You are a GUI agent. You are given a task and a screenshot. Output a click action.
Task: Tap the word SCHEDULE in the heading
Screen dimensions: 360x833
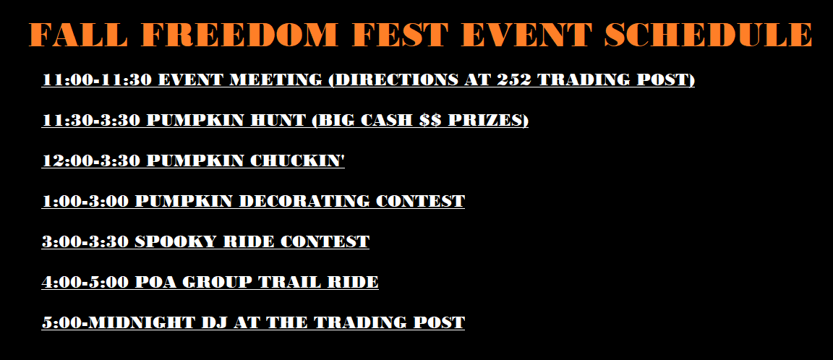coord(708,35)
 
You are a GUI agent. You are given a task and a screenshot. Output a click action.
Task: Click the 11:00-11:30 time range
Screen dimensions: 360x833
coord(97,80)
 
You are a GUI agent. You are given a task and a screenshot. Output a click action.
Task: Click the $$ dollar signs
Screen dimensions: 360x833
coord(430,120)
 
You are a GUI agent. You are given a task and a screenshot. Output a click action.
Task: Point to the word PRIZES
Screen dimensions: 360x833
coord(488,120)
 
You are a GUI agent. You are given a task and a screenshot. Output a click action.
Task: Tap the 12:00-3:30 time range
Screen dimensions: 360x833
coord(91,160)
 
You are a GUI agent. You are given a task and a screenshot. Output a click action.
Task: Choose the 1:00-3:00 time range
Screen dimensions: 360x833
coord(85,201)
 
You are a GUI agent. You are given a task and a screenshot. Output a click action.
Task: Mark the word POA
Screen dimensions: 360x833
coord(155,282)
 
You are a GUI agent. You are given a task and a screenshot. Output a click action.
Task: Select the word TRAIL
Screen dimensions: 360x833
coord(291,282)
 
